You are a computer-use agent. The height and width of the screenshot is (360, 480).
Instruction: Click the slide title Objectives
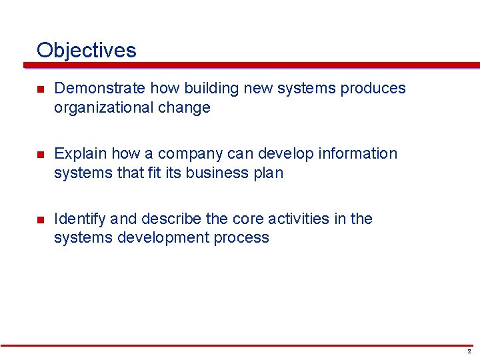87,50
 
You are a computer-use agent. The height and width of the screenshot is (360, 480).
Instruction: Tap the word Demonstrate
100,89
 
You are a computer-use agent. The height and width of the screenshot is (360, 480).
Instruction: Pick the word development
165,238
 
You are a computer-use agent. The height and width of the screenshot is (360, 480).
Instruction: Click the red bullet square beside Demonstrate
40,89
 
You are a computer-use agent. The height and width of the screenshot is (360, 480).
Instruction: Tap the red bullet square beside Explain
40,155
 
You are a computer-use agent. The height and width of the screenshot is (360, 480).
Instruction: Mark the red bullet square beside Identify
40,220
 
